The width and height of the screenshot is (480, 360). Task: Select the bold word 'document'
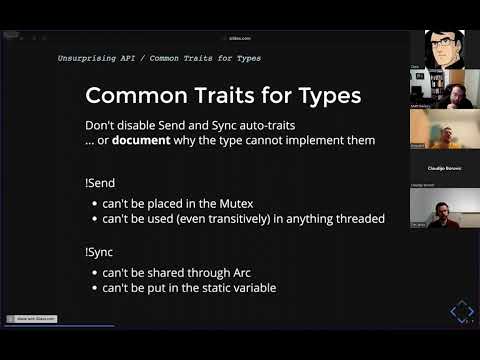point(142,140)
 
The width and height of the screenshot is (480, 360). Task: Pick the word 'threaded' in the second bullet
point(356,219)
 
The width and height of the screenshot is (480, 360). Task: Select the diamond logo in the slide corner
point(462,314)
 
